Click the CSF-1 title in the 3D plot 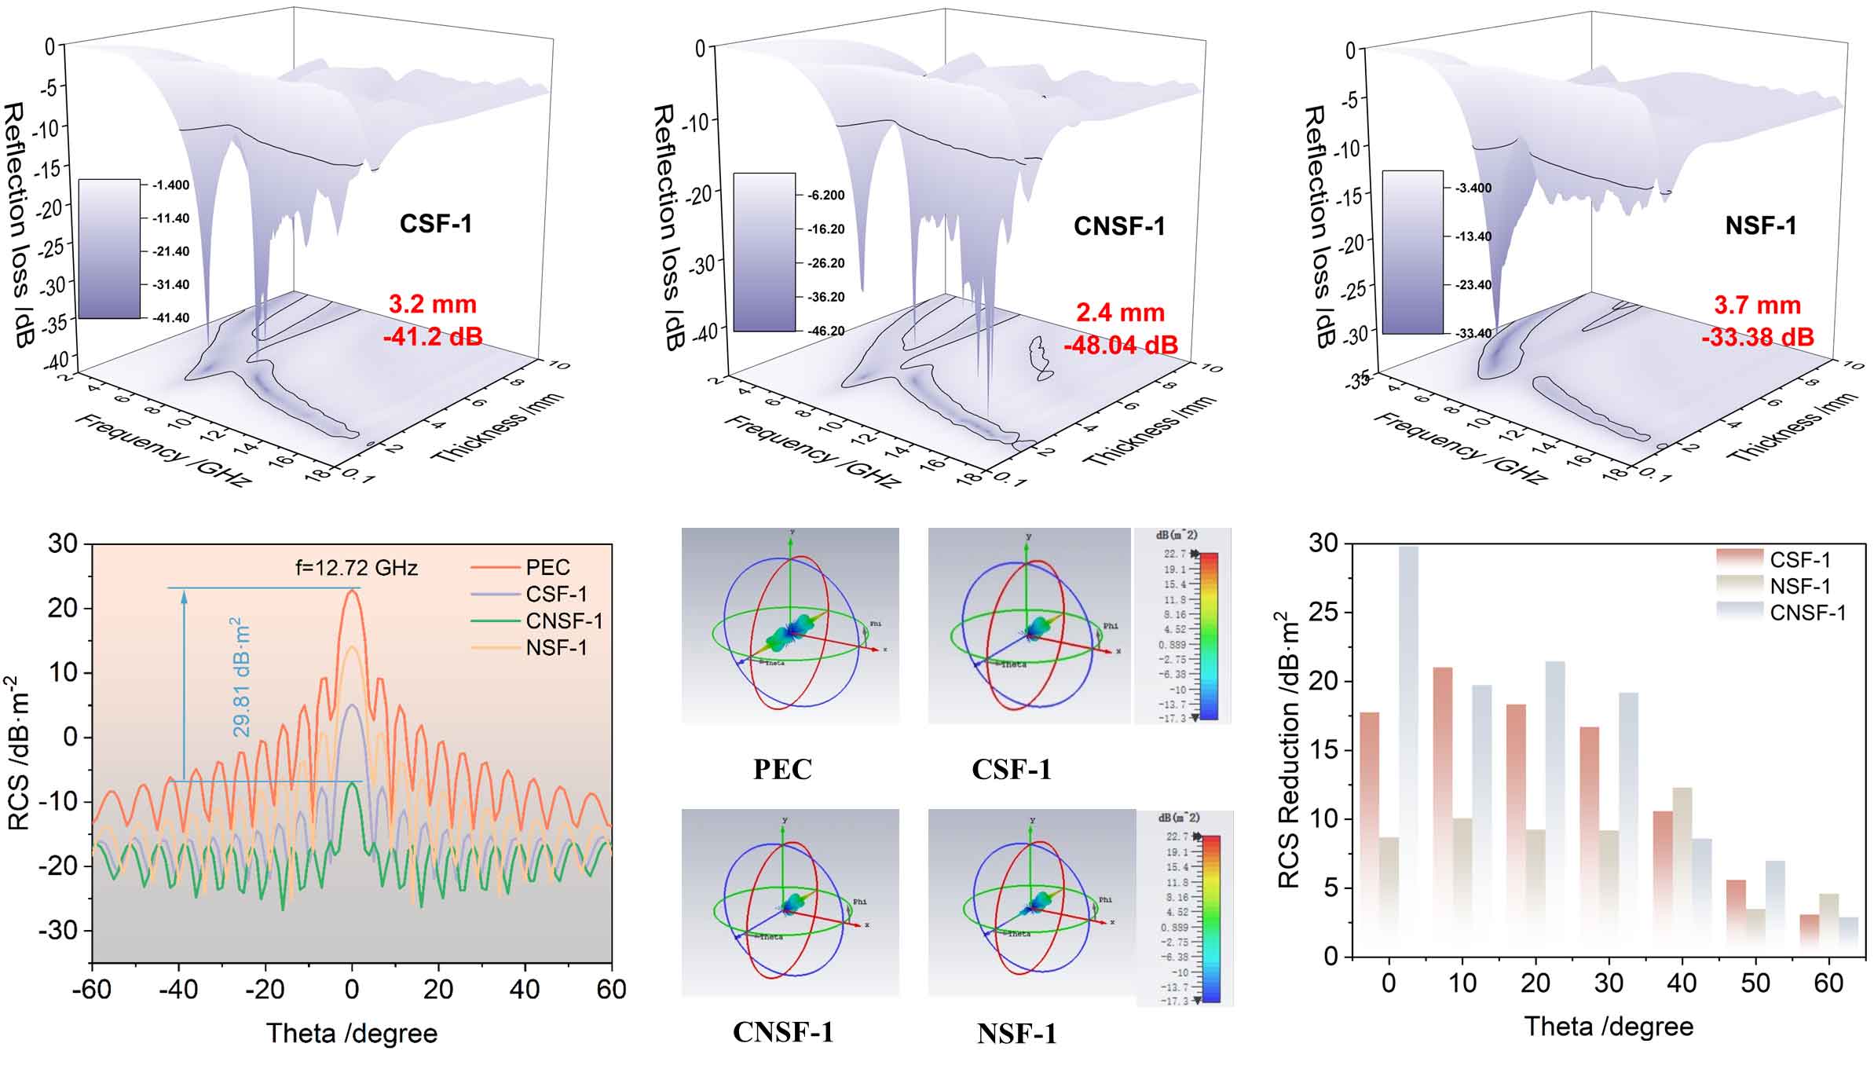(436, 224)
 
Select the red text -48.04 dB (1120, 345)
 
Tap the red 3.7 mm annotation (1757, 305)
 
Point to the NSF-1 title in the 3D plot (1760, 226)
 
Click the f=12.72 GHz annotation (356, 567)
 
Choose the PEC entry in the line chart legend (547, 567)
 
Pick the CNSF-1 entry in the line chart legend (563, 621)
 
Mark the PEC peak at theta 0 (352, 591)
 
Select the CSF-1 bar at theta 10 (1443, 785)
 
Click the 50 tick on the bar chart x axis (1755, 983)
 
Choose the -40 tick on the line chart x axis (178, 988)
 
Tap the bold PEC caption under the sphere (782, 769)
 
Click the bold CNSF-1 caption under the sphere (782, 1032)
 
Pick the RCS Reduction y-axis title (1288, 750)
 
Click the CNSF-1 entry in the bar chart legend (1807, 613)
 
